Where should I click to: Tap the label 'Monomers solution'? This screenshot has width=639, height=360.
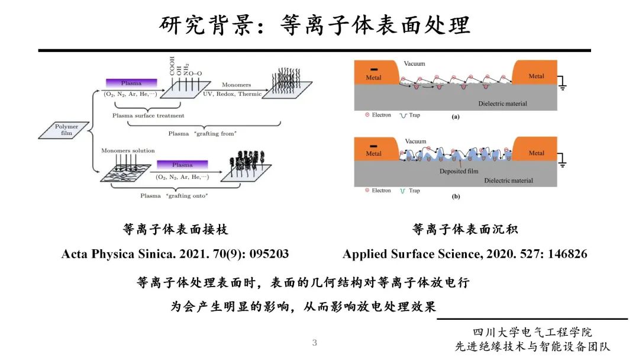coord(128,151)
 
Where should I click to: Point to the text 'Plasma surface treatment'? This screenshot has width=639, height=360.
coord(149,116)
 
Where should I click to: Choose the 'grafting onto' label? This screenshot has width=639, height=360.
coord(174,196)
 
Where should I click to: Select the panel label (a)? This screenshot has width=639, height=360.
coord(455,117)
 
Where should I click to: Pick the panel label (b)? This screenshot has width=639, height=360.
coord(455,195)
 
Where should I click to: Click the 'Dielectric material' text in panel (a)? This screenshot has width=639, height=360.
coord(502,104)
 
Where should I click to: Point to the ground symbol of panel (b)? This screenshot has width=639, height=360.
coord(562,161)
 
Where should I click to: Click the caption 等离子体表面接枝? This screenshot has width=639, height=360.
coord(175,229)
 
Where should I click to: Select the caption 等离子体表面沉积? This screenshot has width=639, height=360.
coord(465,229)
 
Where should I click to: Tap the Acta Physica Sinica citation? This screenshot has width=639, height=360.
coord(175,254)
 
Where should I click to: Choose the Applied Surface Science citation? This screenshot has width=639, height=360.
coord(465,254)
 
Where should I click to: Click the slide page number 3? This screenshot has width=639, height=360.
coord(315,343)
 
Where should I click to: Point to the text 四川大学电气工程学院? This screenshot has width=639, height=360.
coord(532,333)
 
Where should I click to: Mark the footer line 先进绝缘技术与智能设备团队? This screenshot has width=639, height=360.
coord(532,347)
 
